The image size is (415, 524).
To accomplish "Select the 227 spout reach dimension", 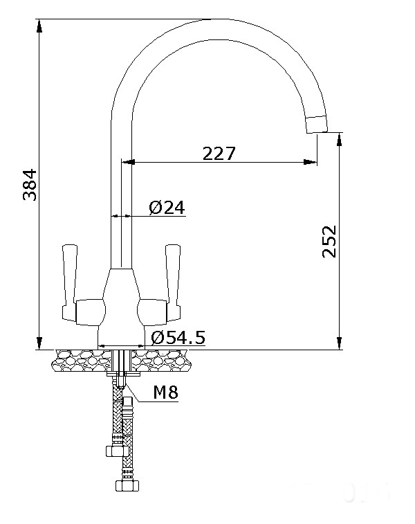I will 219,153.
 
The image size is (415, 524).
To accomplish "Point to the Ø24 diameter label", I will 167,207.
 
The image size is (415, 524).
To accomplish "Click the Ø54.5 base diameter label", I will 176,338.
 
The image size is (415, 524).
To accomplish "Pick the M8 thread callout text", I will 165,393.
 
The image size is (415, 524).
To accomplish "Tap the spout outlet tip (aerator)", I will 318,124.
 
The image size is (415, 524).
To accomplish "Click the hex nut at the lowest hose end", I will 128,485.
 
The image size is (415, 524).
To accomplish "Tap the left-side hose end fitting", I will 111,451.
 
